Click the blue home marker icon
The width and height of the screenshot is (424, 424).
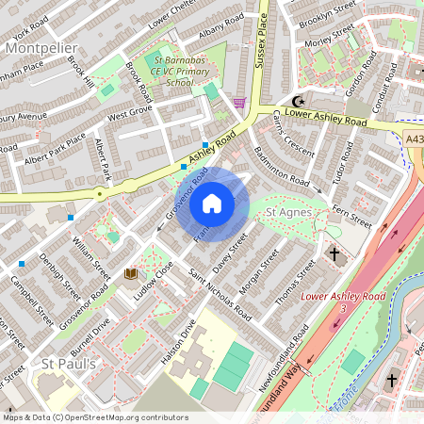click(x=212, y=203)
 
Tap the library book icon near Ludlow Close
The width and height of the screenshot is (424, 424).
click(x=131, y=273)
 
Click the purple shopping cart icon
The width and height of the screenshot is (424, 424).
click(x=239, y=102)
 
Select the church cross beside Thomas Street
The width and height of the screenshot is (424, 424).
click(x=334, y=254)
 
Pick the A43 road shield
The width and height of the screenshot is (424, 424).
click(x=415, y=139)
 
